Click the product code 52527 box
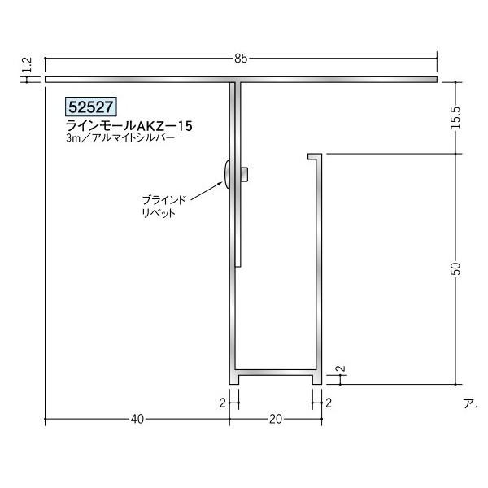(92, 107)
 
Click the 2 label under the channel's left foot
(221, 402)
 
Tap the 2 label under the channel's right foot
(329, 402)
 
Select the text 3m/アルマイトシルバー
(121, 139)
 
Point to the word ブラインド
(164, 199)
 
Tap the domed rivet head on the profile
(225, 174)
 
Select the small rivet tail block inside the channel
(245, 173)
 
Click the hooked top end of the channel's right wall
(314, 155)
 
